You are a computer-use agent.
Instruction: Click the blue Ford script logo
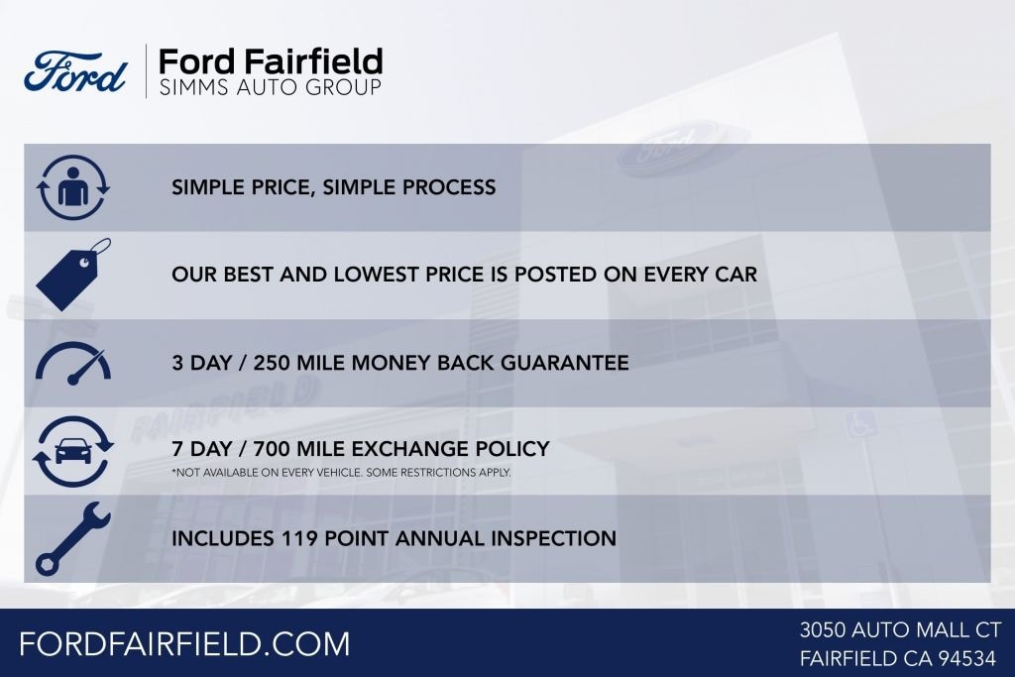[76, 71]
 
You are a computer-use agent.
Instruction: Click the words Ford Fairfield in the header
[271, 60]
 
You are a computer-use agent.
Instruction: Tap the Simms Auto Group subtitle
[270, 88]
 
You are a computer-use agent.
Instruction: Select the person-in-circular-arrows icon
[72, 187]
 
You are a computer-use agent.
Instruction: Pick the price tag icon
[73, 275]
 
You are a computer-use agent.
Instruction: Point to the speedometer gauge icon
[73, 363]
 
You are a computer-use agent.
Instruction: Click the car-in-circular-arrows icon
[72, 451]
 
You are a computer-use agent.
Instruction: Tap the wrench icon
[72, 538]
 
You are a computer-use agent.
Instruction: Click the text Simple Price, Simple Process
[333, 187]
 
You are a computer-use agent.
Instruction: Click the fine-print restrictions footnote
[341, 473]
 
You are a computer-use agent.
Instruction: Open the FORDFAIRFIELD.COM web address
[184, 643]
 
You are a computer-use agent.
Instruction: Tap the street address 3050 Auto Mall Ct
[900, 629]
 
